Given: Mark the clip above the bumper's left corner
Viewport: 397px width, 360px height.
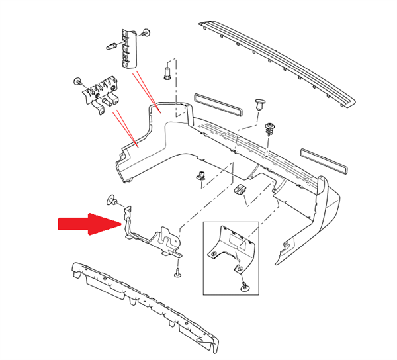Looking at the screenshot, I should click(167, 70).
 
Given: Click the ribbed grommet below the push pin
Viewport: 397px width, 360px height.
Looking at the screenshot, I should click(270, 127).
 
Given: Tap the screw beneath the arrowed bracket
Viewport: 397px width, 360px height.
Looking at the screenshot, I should click(178, 273).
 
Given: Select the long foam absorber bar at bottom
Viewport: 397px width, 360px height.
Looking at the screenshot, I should click(142, 301).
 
